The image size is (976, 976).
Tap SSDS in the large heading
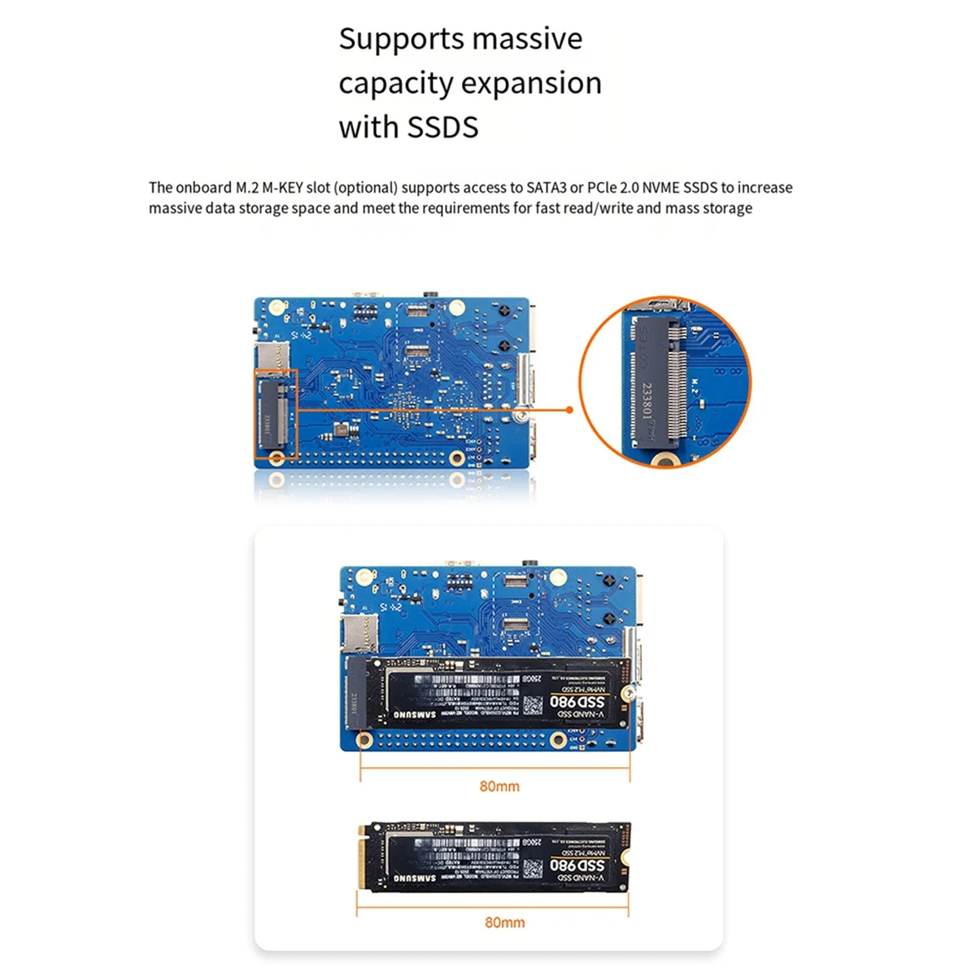pyautogui.click(x=442, y=128)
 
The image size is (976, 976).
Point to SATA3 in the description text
pyautogui.click(x=547, y=188)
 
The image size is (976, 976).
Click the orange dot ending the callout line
pyautogui.click(x=569, y=409)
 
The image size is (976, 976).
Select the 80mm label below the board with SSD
pyautogui.click(x=499, y=786)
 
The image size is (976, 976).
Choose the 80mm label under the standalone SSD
pyautogui.click(x=504, y=922)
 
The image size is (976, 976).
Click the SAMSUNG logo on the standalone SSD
pyautogui.click(x=416, y=878)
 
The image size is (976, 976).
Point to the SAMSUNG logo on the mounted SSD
pyautogui.click(x=416, y=714)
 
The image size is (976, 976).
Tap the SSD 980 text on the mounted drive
pyautogui.click(x=578, y=701)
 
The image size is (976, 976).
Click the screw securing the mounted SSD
pyautogui.click(x=628, y=692)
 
